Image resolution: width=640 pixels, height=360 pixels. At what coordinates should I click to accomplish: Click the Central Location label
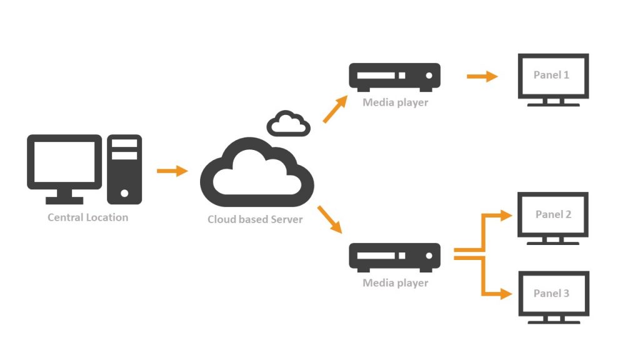(x=87, y=217)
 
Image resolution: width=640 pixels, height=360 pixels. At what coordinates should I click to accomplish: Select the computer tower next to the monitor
(x=124, y=169)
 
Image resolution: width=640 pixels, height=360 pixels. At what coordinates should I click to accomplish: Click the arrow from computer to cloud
(x=172, y=171)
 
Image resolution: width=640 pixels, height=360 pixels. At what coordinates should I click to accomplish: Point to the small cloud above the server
(x=288, y=124)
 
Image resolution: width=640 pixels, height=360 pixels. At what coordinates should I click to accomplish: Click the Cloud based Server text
(x=255, y=219)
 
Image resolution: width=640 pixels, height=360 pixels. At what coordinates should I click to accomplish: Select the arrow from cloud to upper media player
(x=335, y=109)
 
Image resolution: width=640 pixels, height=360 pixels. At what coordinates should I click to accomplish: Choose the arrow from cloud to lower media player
(x=331, y=219)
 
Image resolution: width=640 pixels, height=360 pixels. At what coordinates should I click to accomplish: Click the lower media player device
(x=394, y=257)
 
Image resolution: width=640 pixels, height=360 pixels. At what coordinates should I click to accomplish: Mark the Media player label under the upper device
(x=395, y=102)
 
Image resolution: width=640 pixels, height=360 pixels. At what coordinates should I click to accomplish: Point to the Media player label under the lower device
(x=395, y=283)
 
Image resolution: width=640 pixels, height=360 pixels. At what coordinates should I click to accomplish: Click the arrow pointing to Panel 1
(x=482, y=77)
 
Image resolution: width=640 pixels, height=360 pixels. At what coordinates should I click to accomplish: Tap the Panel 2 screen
(x=553, y=215)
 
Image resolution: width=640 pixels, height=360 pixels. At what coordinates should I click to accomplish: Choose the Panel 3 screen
(x=553, y=294)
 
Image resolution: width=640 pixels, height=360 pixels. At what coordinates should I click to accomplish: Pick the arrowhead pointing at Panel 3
(x=507, y=294)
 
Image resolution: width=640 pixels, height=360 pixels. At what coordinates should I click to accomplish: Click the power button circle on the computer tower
(x=124, y=193)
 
